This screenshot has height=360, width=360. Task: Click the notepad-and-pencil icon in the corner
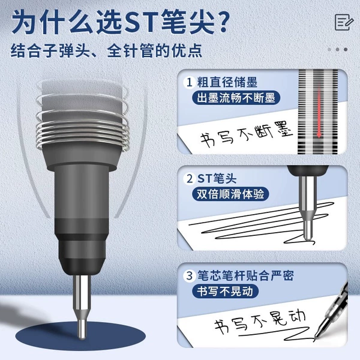tap(344, 22)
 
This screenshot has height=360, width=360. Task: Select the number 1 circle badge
tap(190, 82)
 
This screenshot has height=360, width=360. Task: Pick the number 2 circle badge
tap(190, 179)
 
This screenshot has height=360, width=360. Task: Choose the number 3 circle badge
tap(190, 275)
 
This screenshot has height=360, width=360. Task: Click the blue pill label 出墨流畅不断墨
tap(236, 98)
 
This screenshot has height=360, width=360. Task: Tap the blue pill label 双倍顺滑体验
tap(230, 194)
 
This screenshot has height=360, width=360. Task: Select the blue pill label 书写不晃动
tap(225, 291)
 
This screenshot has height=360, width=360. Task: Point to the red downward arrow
tap(319, 110)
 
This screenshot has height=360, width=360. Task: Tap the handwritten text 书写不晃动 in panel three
tap(259, 321)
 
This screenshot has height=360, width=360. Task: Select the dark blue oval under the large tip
tap(80, 336)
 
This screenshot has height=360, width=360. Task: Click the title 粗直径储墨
tap(227, 82)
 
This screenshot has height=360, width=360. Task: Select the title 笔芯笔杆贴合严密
tap(245, 275)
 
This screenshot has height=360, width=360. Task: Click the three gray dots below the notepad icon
tap(337, 49)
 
